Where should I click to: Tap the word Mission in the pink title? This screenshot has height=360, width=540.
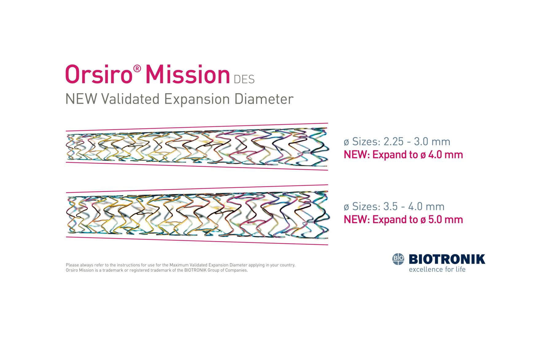[188, 75]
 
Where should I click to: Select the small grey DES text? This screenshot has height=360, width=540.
[244, 80]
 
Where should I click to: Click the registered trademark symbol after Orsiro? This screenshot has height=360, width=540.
[137, 68]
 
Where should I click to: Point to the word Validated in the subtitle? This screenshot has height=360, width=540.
[131, 99]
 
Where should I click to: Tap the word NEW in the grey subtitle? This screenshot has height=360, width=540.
[82, 99]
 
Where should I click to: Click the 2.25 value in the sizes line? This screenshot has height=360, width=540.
[394, 142]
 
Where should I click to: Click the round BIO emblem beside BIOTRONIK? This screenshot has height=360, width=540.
[399, 259]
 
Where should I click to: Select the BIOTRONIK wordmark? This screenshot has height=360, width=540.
[447, 259]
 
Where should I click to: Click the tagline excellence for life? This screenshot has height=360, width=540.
[437, 269]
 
